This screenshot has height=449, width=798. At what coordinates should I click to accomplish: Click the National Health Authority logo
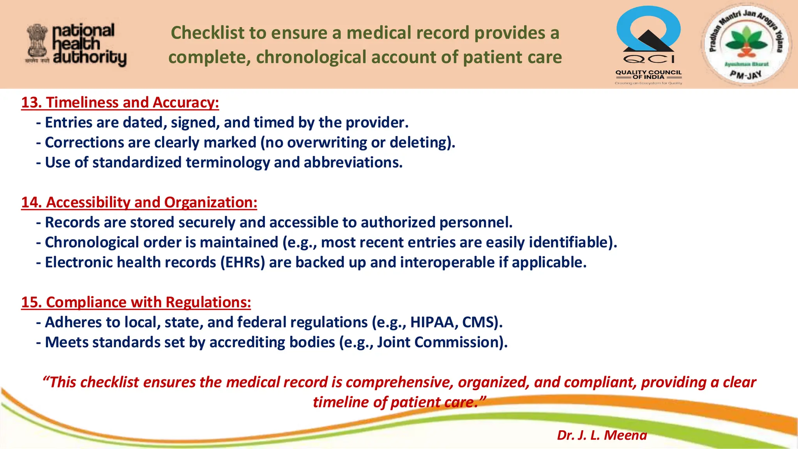76,45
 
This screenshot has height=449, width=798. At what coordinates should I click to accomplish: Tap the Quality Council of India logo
648,45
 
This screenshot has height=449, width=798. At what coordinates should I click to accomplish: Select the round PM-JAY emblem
745,45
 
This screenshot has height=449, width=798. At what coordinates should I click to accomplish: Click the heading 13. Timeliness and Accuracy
120,103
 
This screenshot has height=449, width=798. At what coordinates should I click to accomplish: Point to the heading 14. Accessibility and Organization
139,203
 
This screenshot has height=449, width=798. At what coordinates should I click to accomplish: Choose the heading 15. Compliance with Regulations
136,302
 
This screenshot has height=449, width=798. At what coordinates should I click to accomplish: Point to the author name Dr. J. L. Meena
602,435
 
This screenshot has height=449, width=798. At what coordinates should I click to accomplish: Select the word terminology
228,163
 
